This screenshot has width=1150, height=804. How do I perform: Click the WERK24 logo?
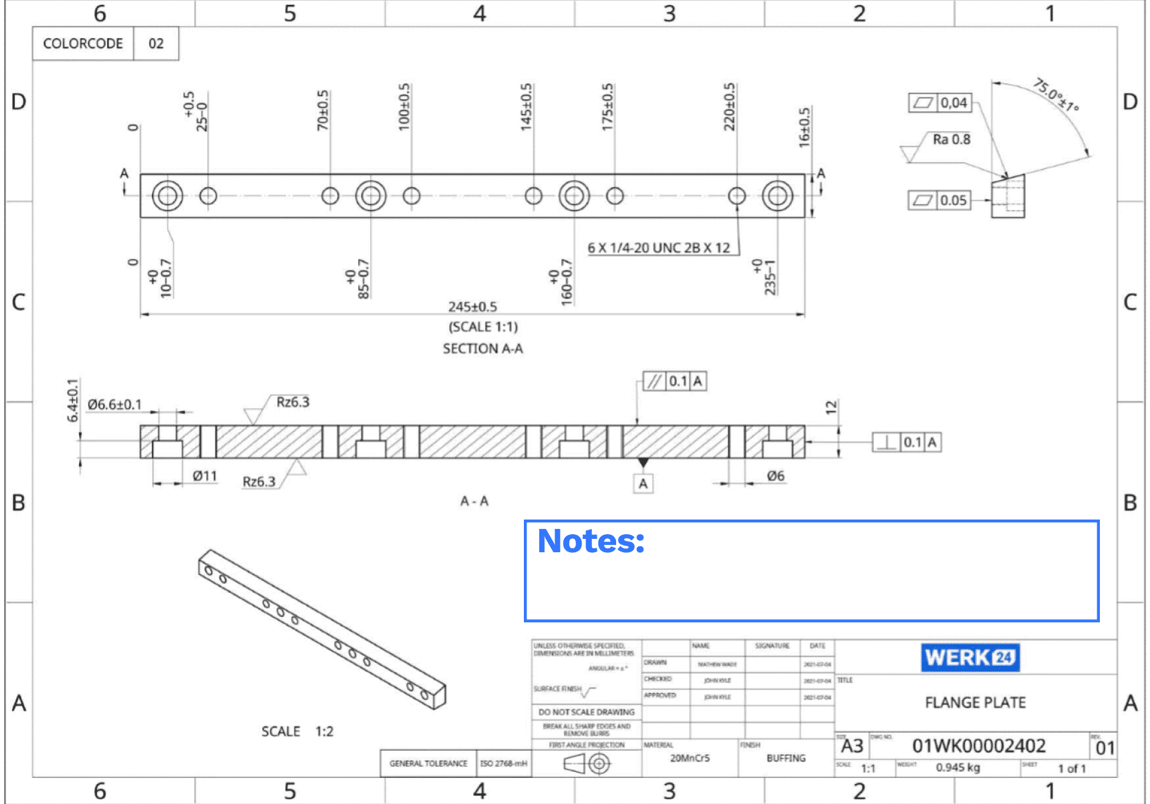tap(969, 658)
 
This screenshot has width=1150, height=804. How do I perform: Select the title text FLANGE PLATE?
tap(975, 702)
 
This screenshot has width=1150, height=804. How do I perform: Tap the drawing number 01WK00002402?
tap(978, 746)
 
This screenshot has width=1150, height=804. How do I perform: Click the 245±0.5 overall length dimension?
tap(472, 307)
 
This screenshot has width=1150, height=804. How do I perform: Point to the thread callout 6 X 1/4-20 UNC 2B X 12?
tap(659, 248)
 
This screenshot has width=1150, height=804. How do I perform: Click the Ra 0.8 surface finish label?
tap(951, 140)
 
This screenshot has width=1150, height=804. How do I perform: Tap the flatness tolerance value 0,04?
tap(954, 103)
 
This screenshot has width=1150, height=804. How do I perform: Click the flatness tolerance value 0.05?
tap(953, 200)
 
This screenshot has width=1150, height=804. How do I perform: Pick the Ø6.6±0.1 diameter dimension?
tap(115, 405)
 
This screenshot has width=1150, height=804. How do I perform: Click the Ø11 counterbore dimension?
tap(204, 476)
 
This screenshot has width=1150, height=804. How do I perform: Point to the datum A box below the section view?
tap(643, 483)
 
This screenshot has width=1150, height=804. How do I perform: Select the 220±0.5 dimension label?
tap(729, 107)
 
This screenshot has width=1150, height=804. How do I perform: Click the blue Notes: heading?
tap(591, 541)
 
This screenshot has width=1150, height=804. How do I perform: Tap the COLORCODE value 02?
tap(156, 43)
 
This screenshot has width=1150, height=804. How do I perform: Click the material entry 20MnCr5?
tap(690, 758)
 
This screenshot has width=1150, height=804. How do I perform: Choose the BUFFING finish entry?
tap(786, 758)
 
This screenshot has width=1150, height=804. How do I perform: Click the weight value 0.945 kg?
tap(958, 767)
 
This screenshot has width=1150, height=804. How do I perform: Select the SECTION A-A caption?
tap(482, 349)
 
